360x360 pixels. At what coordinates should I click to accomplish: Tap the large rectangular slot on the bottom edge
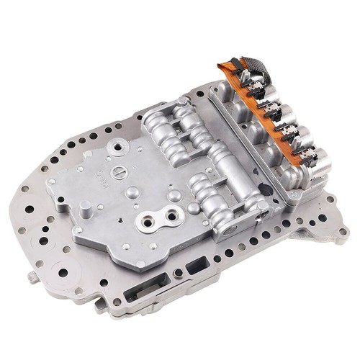pos(140,293)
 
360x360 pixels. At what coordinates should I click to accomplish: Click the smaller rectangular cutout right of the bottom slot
pos(197,269)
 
